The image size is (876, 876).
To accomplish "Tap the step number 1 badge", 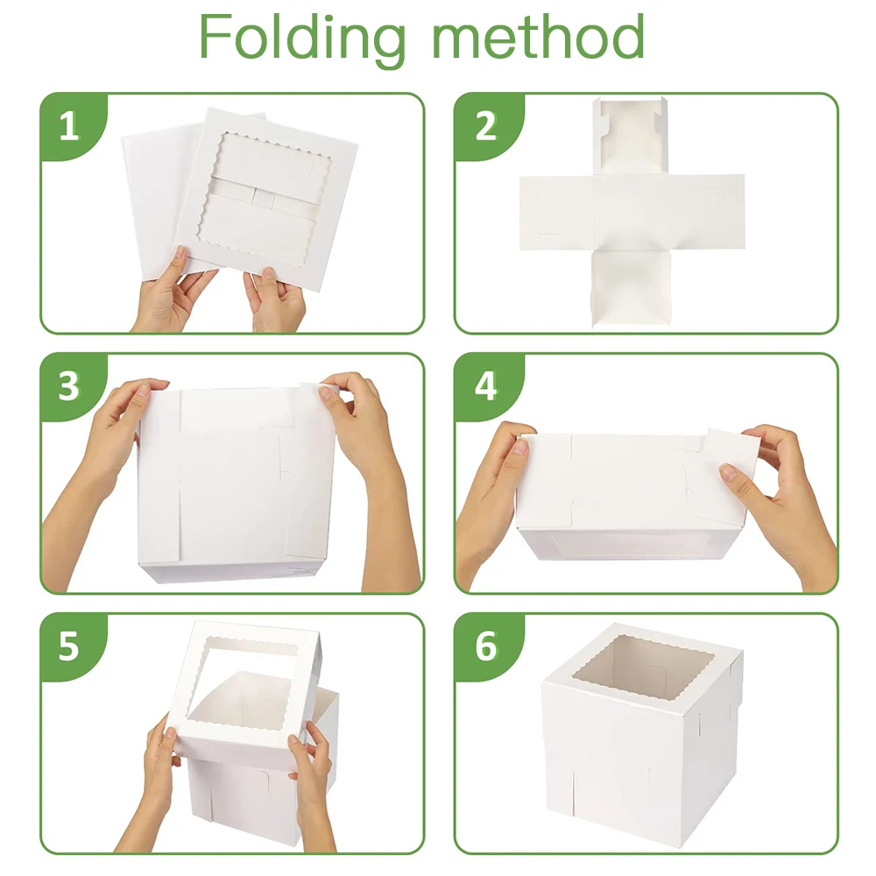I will (x=68, y=128).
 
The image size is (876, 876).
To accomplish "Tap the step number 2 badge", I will (x=485, y=128).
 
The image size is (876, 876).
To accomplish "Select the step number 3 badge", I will (x=68, y=386).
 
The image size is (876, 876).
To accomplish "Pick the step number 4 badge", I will (x=485, y=386).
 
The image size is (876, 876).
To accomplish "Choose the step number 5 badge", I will (x=68, y=646).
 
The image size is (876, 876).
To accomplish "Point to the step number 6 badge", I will (x=485, y=646).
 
